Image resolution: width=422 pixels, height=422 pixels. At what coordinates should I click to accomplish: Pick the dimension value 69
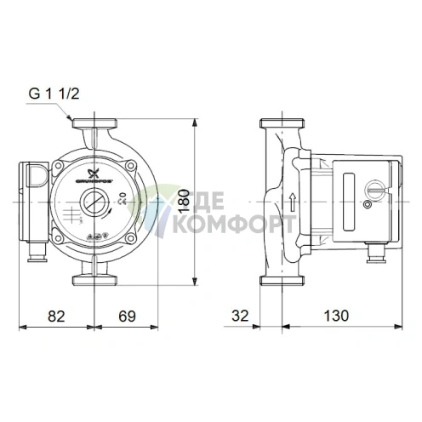coord(127,316)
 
